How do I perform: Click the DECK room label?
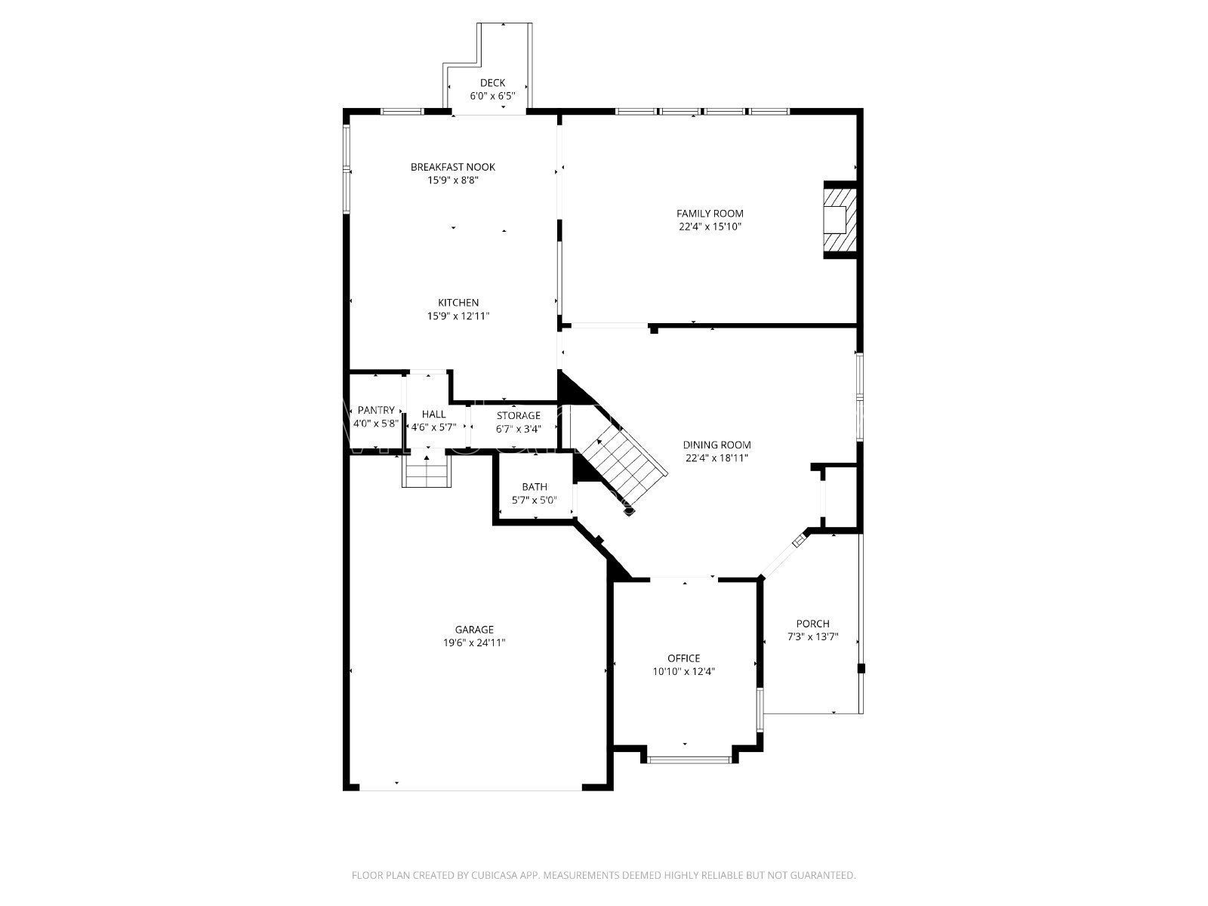492,83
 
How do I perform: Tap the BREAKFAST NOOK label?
453,167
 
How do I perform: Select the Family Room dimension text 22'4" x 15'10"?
710,226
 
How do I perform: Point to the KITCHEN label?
458,303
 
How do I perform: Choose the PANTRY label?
376,410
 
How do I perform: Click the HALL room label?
433,414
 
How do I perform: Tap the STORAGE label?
518,415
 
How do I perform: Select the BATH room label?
535,487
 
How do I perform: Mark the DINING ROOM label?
717,445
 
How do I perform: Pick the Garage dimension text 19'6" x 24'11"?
474,643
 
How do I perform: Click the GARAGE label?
474,630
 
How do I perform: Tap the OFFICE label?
683,658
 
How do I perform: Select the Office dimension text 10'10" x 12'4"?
684,671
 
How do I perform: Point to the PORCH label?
812,624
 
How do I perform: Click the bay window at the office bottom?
689,760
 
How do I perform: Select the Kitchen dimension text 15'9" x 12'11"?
458,316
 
